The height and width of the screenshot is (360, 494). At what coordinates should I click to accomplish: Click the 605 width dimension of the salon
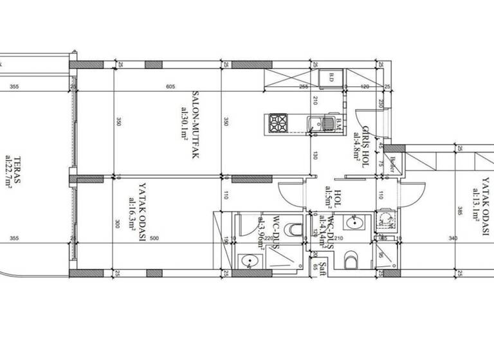coord(170,87)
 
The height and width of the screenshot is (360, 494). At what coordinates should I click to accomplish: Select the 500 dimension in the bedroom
coord(154,239)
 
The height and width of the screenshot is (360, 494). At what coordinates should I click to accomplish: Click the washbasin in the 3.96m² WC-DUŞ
coord(248,261)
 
